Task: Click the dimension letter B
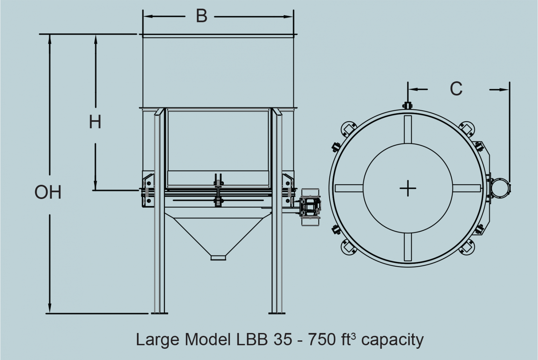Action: point(201,16)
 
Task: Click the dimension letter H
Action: point(95,122)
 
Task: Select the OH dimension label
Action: point(48,192)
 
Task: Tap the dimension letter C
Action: point(456,89)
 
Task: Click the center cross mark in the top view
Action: point(408,188)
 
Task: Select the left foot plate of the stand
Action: point(159,313)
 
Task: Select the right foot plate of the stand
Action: point(277,313)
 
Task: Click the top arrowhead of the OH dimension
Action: point(50,39)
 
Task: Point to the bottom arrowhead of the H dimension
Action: point(95,186)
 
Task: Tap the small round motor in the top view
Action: point(500,187)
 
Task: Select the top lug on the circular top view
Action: point(407,105)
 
